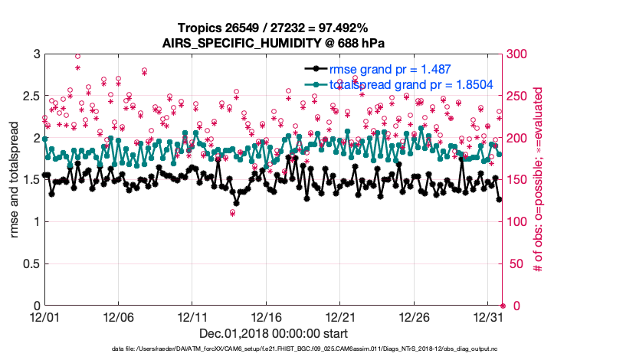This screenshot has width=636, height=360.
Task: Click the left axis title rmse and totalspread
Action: tap(15, 180)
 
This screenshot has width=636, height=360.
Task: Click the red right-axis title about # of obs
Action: tap(539, 180)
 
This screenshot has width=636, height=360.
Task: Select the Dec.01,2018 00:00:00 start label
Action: tap(273, 333)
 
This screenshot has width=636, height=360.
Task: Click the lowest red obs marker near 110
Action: tap(232, 213)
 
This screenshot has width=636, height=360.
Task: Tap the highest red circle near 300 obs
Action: tap(78, 56)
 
